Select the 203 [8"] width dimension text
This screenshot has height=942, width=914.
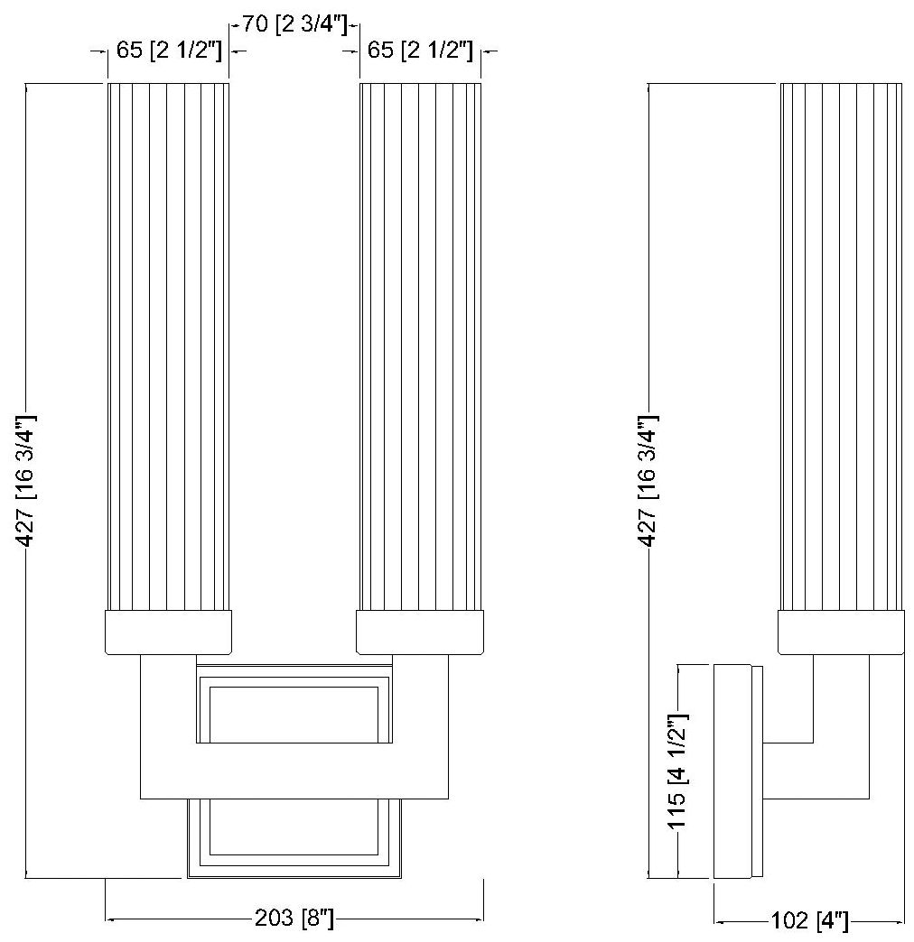[x=294, y=919]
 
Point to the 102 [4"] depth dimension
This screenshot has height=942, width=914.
[x=809, y=922]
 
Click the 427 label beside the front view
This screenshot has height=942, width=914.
[x=27, y=480]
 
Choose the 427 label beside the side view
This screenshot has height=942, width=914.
[x=648, y=480]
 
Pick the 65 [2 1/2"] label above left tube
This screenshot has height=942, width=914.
[x=169, y=51]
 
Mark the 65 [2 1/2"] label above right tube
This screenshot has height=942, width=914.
[x=420, y=51]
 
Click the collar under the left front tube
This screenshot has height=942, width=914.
[x=169, y=632]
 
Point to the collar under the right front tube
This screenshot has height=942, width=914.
[x=420, y=632]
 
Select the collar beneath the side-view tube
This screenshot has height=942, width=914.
[x=841, y=632]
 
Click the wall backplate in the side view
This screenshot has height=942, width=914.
[x=732, y=771]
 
